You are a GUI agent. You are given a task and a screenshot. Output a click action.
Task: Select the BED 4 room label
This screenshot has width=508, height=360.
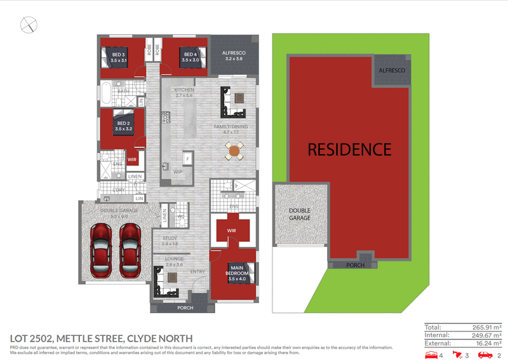[190, 57]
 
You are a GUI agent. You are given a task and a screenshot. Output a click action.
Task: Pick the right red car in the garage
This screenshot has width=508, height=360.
[131, 251]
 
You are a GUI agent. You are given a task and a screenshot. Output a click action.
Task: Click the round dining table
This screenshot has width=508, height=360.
[234, 150]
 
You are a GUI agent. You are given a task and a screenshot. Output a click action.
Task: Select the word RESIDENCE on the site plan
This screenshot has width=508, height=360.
[349, 150]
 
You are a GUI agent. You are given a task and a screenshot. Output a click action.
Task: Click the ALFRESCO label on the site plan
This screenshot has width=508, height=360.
[392, 72]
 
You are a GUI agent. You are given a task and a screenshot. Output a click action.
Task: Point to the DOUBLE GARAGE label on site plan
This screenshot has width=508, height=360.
[300, 214]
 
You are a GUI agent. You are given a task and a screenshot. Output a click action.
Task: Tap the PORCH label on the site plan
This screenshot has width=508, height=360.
[355, 265]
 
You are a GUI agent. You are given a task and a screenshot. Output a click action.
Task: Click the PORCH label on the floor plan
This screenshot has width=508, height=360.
[185, 308]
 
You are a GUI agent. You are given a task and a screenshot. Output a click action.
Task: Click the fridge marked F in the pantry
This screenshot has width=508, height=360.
[187, 157]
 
